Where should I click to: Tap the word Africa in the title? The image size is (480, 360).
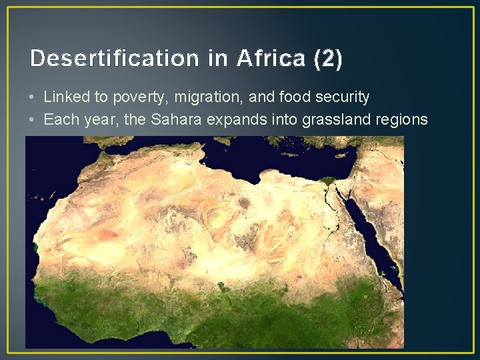(x=271, y=59)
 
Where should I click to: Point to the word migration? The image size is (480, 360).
(x=209, y=97)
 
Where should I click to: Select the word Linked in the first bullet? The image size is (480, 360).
(x=65, y=97)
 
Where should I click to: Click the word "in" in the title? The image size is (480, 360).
(x=218, y=59)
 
